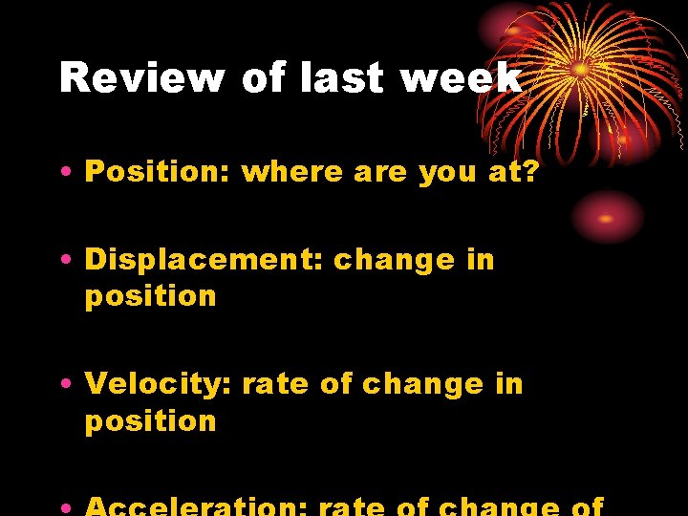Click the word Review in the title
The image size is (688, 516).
(141, 78)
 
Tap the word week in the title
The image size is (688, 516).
(462, 78)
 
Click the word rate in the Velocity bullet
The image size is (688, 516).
(275, 384)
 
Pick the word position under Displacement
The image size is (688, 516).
(151, 297)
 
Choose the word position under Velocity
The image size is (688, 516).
(151, 421)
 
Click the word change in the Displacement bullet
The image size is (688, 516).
(394, 260)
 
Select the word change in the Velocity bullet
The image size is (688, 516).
(422, 384)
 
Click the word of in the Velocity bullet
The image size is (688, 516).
(336, 384)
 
